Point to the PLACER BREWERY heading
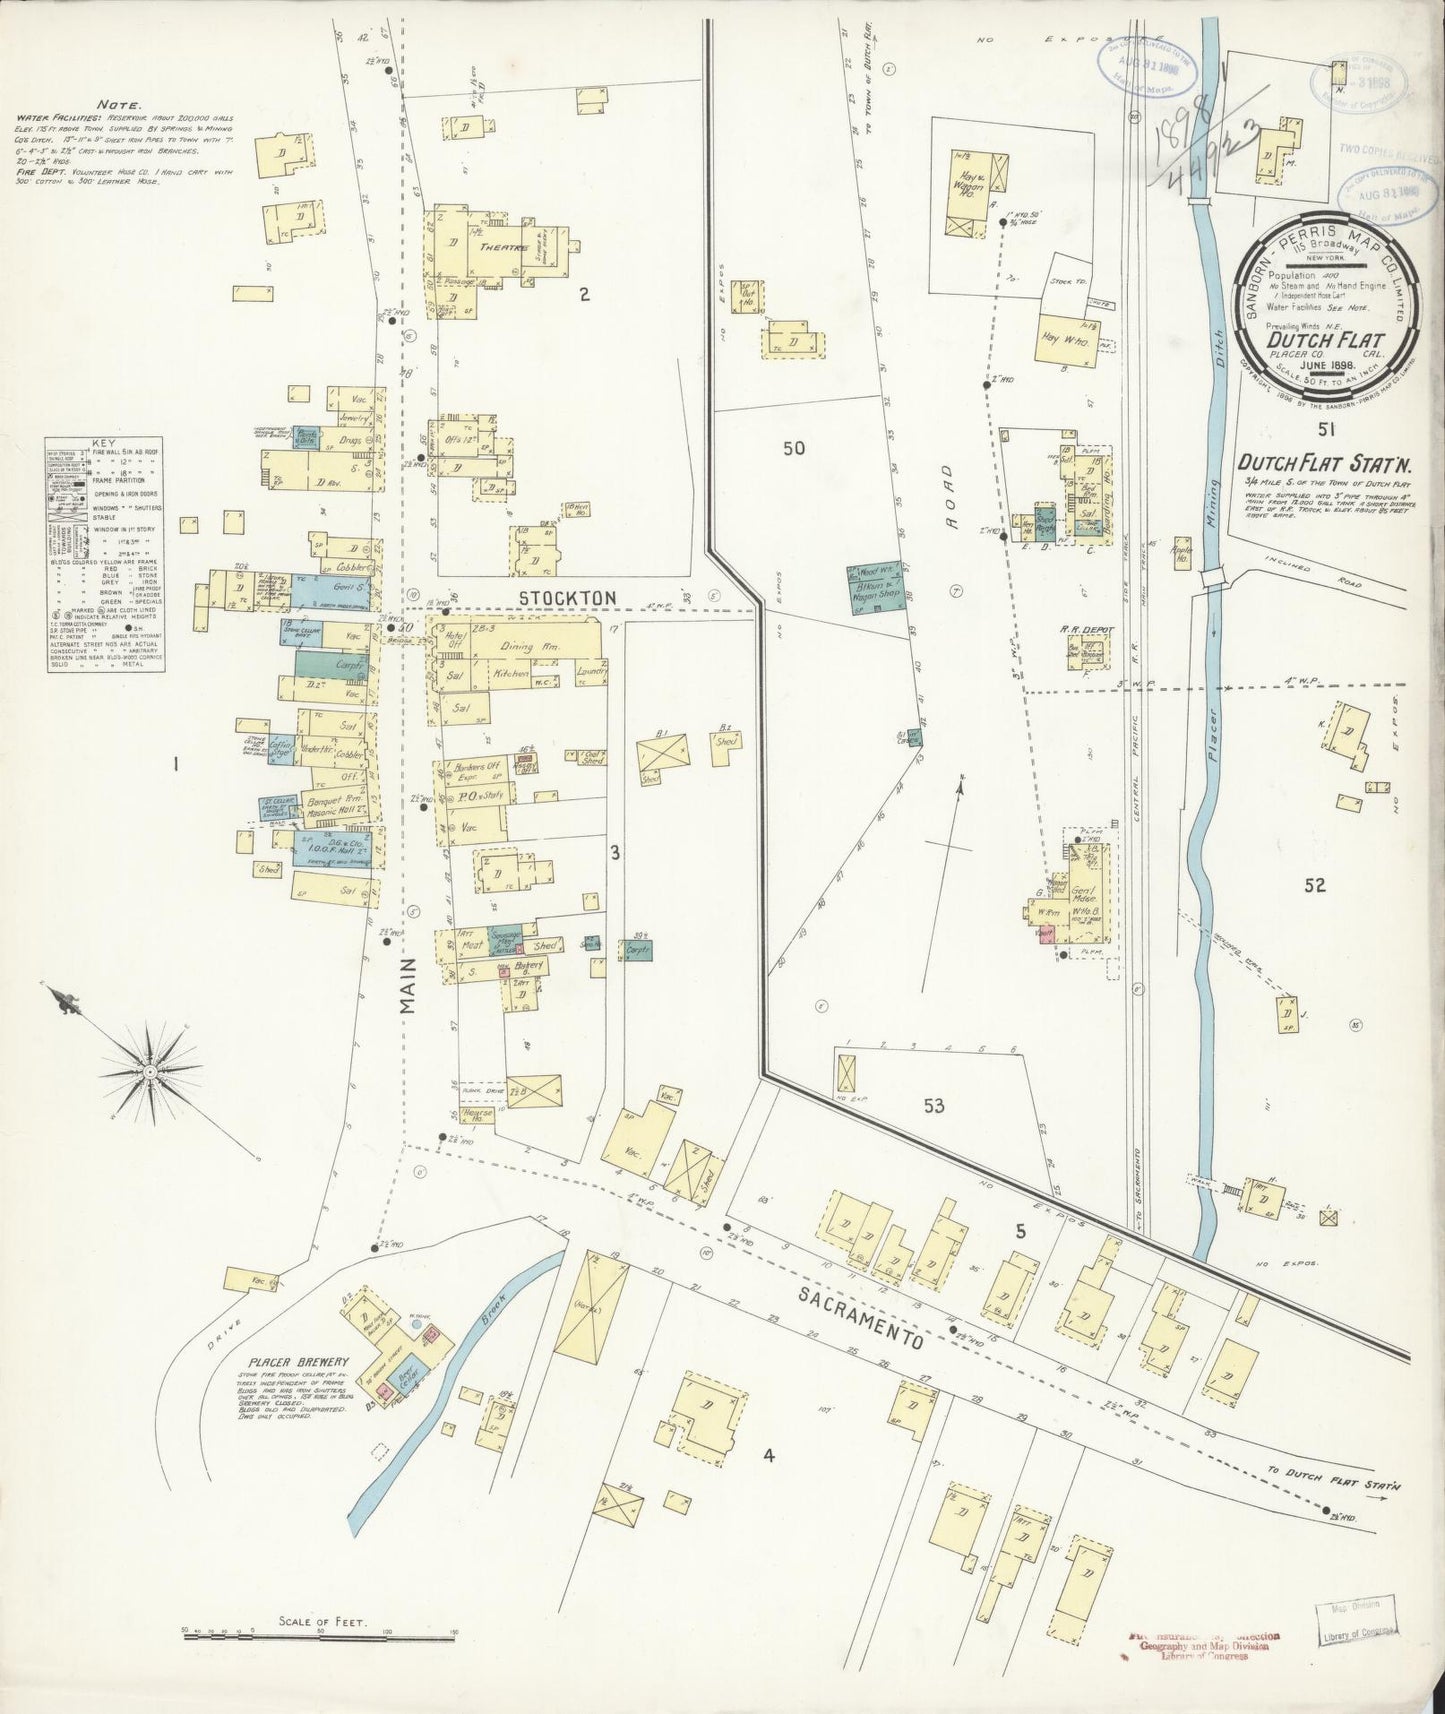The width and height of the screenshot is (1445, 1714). point(298,1362)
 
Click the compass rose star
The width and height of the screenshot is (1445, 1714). point(150,1070)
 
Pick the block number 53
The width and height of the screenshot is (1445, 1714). point(934,1106)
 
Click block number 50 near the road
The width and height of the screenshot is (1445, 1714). point(793,448)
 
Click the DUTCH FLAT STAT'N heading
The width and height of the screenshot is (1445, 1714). point(1315,463)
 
